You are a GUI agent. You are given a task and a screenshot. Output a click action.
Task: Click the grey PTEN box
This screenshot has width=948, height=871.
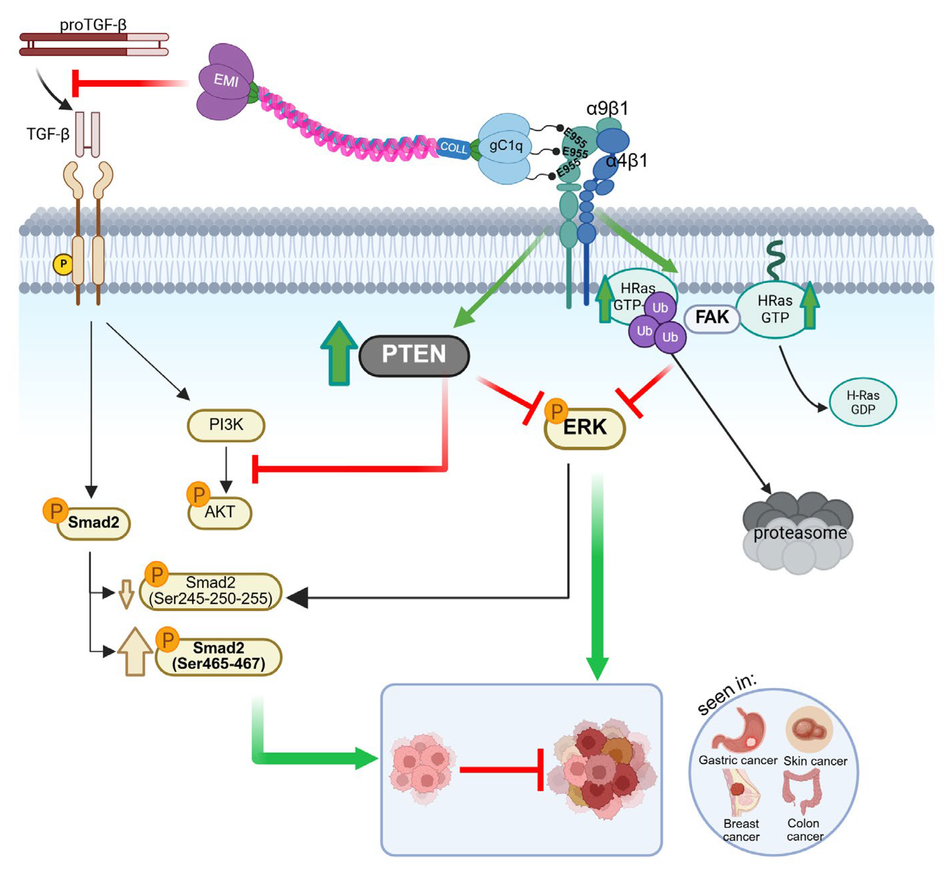coord(414,355)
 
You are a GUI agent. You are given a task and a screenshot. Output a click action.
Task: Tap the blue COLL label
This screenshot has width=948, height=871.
coord(453,148)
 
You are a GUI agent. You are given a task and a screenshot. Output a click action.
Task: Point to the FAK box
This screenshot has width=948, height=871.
coord(711,318)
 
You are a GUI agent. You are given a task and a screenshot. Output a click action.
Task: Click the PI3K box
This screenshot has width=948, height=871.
coord(226,425)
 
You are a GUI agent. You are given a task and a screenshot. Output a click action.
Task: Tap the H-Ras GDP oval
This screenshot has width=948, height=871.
coord(862,402)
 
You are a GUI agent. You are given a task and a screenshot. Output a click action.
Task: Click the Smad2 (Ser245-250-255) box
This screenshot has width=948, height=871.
coord(211,591)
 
